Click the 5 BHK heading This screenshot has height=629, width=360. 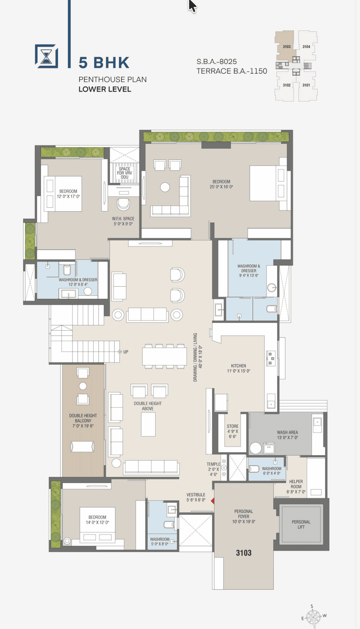pos(104,63)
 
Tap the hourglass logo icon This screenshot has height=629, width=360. pos(46,56)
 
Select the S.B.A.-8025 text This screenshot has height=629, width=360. pos(217,61)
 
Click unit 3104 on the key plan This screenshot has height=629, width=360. pos(306,47)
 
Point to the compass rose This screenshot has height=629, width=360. pos(313,617)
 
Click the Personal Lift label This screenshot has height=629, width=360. pos(301,524)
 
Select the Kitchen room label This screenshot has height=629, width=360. pos(238,368)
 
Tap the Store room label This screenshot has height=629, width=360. pos(232,431)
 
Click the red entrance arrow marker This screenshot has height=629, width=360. pos(213,500)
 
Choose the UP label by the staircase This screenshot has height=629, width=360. pos(126,352)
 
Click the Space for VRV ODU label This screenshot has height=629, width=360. pos(125,173)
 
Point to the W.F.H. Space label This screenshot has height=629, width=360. pos(123,221)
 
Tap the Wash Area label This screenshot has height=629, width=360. pos(288,435)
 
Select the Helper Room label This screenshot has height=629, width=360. pos(296,487)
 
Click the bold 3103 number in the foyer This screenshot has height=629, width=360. pos(244,553)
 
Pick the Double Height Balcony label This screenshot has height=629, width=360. pos(83,421)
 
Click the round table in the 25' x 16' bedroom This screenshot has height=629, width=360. pos(165,187)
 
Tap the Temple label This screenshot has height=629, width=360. pos(214,469)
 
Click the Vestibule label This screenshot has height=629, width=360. pos(196,497)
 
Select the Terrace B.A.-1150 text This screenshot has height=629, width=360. pos(232,71)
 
